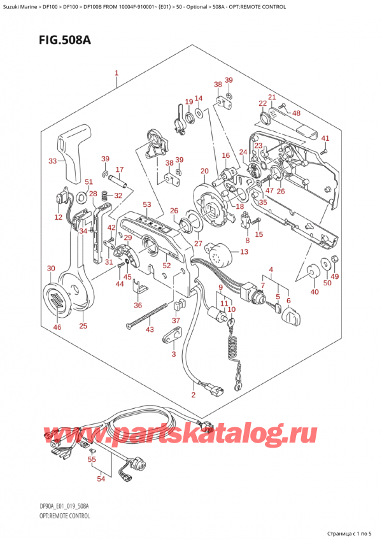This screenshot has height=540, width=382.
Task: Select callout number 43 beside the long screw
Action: click(150, 329)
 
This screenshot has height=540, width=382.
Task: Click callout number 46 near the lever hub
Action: click(59, 327)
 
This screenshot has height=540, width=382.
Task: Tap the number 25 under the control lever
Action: click(83, 327)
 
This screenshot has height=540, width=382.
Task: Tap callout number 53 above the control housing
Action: click(147, 204)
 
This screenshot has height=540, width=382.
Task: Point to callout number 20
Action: click(204, 171)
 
